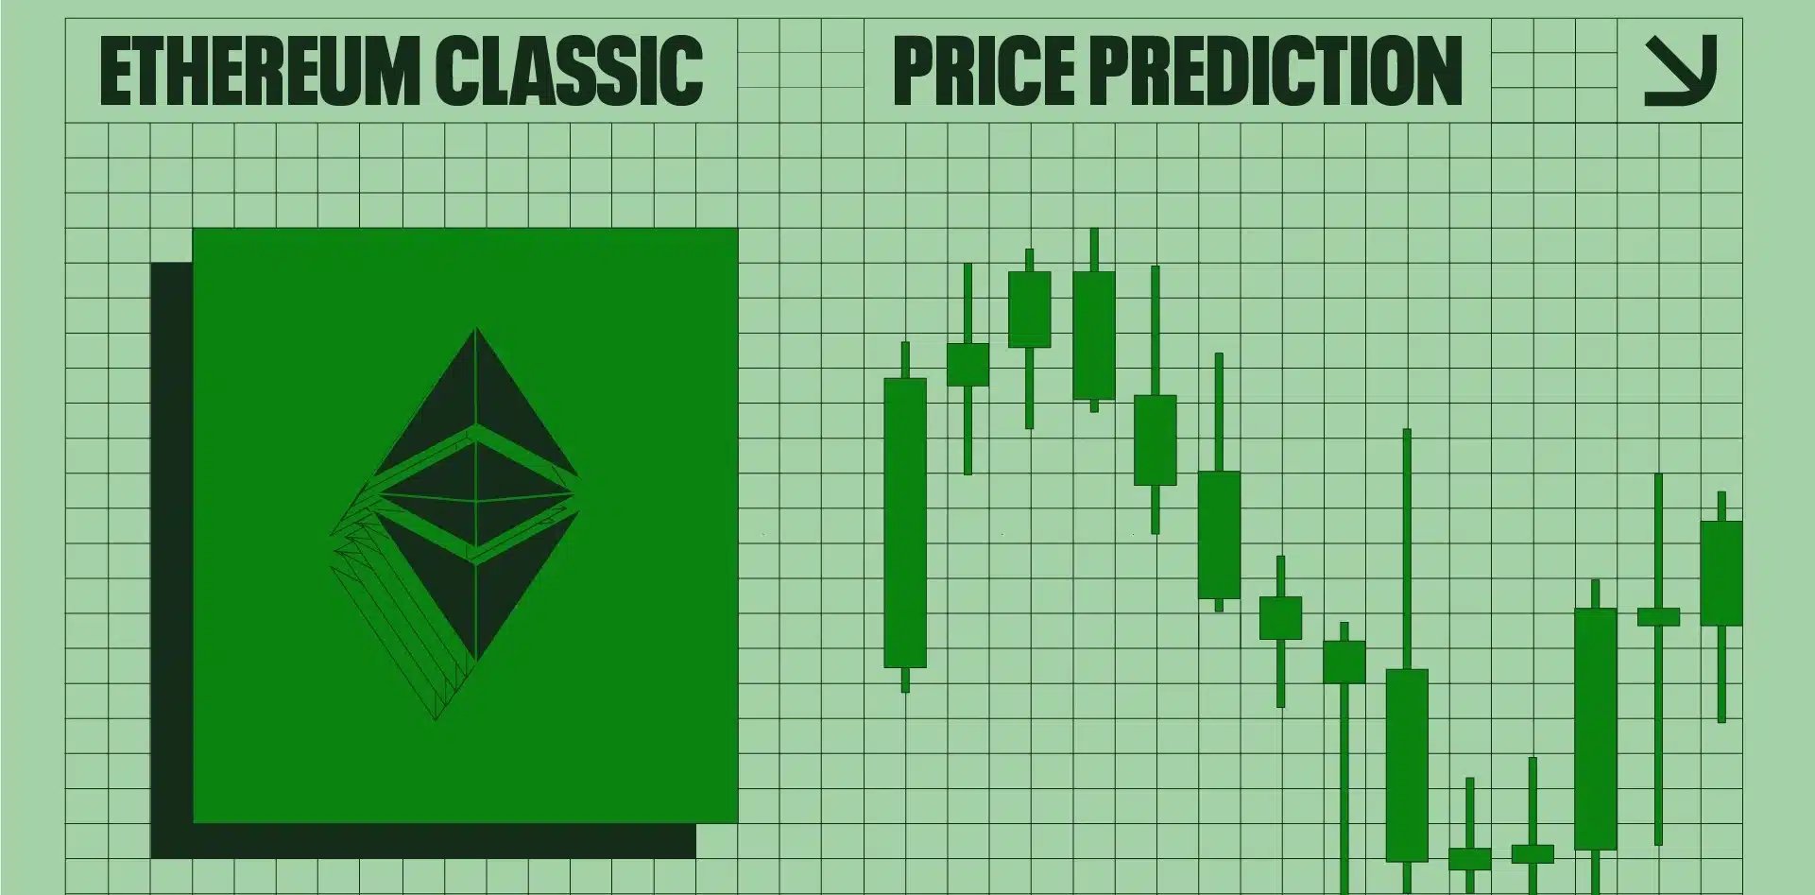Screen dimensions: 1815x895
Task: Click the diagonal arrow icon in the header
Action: pyautogui.click(x=1681, y=71)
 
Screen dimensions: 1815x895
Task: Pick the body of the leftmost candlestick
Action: pyautogui.click(x=905, y=523)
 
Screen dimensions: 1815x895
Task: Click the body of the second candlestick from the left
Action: pyautogui.click(x=967, y=365)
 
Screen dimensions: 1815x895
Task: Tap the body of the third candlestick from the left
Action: pyautogui.click(x=1029, y=309)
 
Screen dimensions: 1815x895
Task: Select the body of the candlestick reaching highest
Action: pyautogui.click(x=1094, y=336)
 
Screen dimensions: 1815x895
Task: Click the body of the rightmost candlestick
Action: pyautogui.click(x=1721, y=573)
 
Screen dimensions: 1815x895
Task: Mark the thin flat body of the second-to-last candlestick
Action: pyautogui.click(x=1658, y=617)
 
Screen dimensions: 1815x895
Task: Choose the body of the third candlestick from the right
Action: pyautogui.click(x=1596, y=729)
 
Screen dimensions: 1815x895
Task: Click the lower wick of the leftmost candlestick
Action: pyautogui.click(x=905, y=680)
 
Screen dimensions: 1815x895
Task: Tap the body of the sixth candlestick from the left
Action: pyautogui.click(x=1219, y=535)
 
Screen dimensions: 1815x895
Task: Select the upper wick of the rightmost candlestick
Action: pyautogui.click(x=1721, y=507)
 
